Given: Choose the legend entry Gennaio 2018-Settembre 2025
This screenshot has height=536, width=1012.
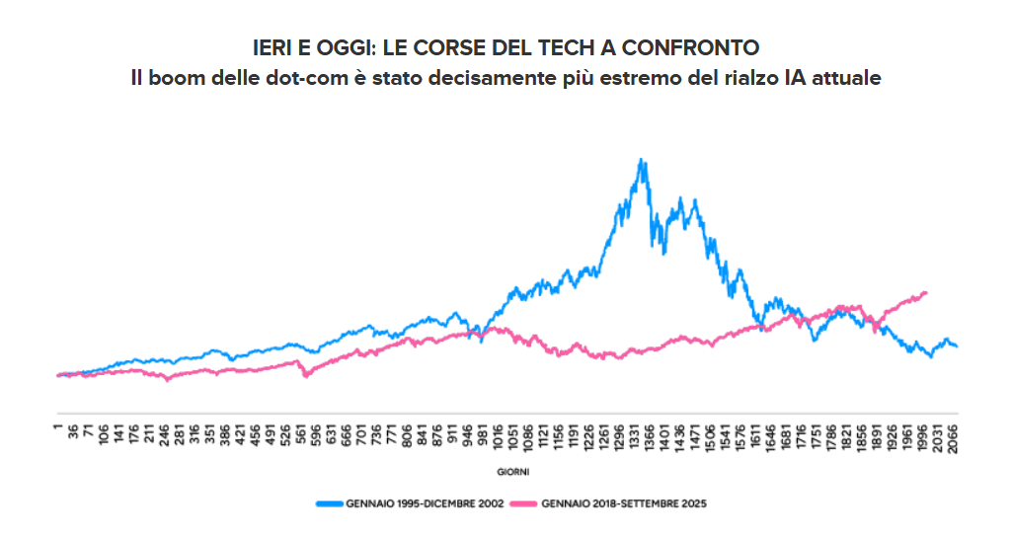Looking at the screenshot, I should tap(624, 502).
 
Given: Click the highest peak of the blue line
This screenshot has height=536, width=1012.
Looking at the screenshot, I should tap(642, 160).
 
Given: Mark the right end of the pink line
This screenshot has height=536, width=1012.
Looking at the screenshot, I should tap(926, 292).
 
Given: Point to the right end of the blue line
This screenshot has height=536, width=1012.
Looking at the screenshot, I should tap(957, 345).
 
